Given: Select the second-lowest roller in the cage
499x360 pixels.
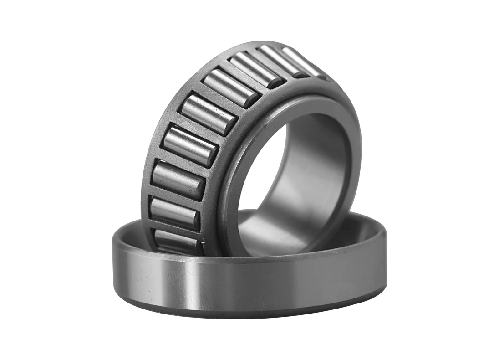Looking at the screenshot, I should (175, 213).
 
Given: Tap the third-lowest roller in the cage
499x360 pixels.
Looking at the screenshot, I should (178, 180).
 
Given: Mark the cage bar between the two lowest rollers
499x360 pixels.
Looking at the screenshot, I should (175, 228).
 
